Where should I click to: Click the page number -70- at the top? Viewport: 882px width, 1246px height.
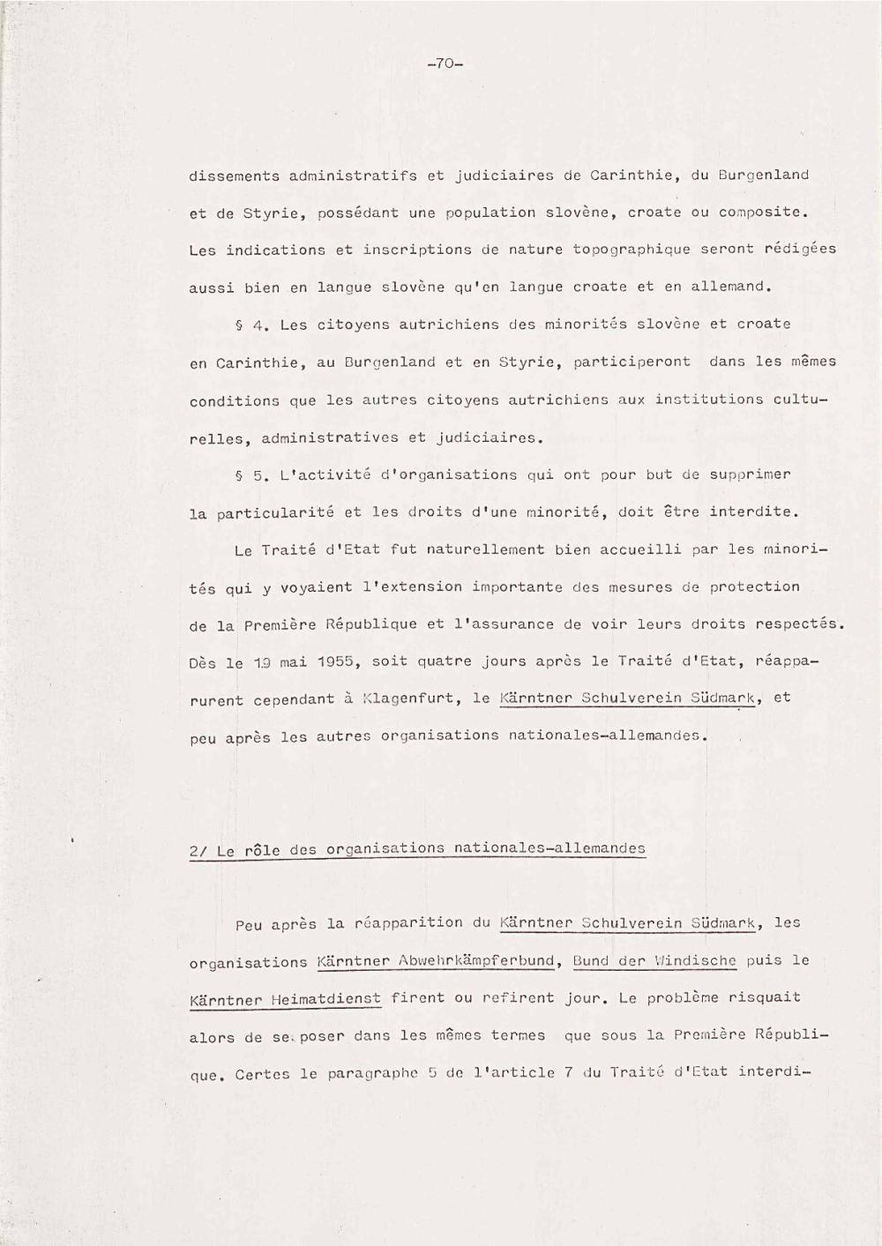(x=445, y=63)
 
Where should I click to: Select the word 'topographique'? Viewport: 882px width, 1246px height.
(x=632, y=250)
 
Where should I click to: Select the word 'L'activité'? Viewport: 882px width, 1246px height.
(x=325, y=475)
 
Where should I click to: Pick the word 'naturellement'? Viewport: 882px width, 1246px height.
(x=486, y=549)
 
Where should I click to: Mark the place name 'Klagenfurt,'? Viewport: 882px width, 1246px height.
(x=413, y=699)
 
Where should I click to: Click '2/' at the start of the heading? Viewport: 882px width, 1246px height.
(x=198, y=852)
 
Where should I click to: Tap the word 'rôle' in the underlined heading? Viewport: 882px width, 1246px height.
(x=261, y=851)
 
